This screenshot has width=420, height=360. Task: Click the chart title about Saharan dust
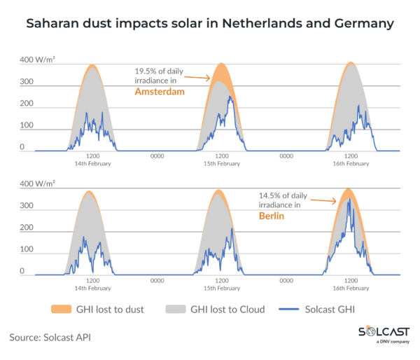(210, 24)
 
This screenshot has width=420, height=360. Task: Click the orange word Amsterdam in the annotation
(160, 91)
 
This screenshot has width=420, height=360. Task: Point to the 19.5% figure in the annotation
(147, 71)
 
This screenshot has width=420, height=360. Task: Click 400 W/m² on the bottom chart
(37, 184)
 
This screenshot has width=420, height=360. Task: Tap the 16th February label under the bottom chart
(351, 288)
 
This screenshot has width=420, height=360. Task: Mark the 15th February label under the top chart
(221, 163)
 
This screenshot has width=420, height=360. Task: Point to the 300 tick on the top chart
(26, 82)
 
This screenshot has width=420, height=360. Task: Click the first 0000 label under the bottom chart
(157, 281)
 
